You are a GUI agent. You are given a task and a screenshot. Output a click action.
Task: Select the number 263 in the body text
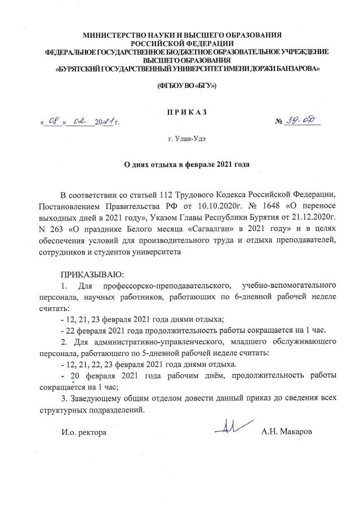point(60,230)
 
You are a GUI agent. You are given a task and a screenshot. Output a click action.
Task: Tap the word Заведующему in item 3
point(98,399)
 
